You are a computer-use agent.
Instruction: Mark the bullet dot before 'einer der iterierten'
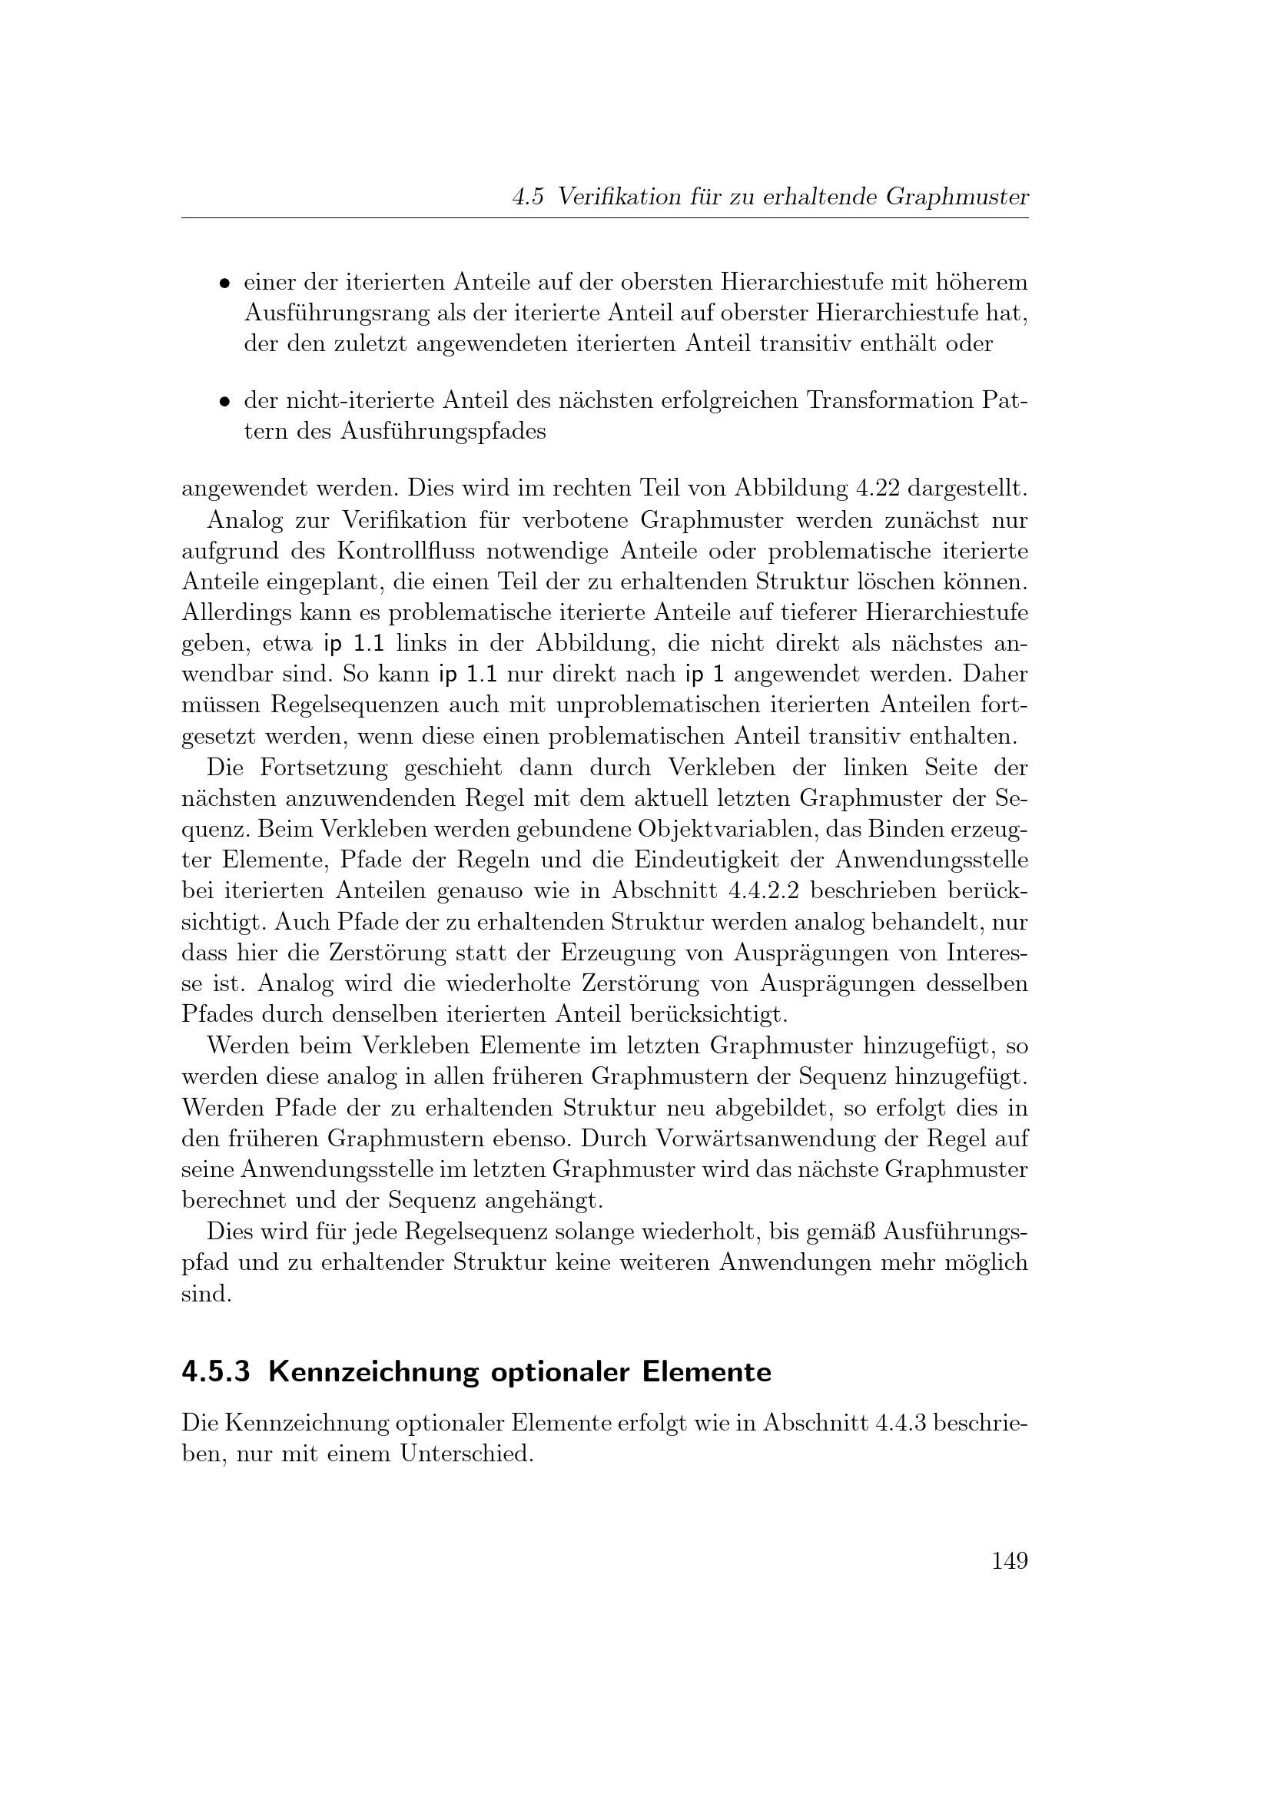[x=224, y=283]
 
